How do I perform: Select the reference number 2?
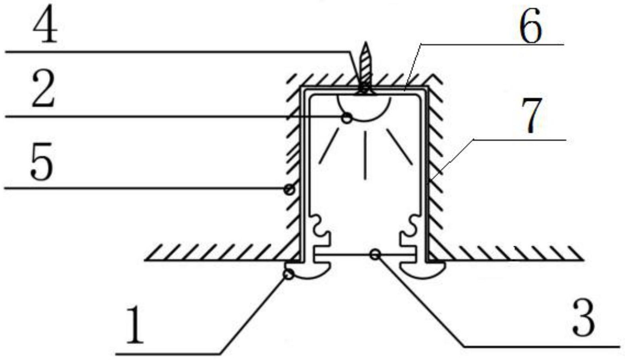coord(43,89)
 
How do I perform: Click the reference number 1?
coord(135,324)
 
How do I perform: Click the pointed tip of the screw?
coord(366,42)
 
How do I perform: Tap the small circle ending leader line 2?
coord(347,118)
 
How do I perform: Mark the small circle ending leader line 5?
coord(289,189)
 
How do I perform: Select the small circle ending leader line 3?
coord(376,254)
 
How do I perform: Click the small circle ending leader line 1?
coord(289,275)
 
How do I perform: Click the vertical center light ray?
coord(365,155)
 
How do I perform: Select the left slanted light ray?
coord(329,146)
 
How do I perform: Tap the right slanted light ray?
coord(399,146)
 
